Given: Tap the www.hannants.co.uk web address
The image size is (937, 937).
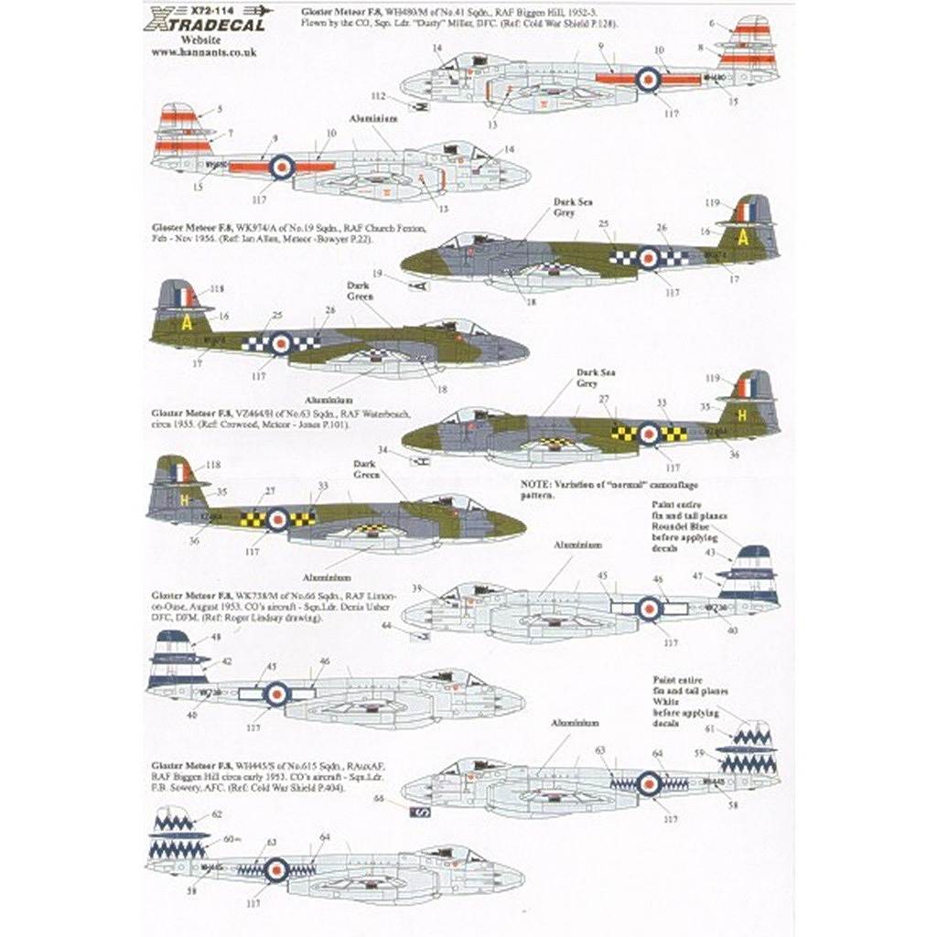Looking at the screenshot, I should [203, 53].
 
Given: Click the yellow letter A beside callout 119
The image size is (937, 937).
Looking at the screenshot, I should [743, 238].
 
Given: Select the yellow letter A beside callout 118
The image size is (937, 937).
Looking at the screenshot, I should [186, 322].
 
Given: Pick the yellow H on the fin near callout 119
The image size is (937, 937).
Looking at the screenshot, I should [742, 415].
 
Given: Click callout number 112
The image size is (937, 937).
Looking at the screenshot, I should [379, 95].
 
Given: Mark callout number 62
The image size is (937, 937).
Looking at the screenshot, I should [216, 813].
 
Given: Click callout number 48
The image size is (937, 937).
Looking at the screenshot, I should [190, 637].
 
